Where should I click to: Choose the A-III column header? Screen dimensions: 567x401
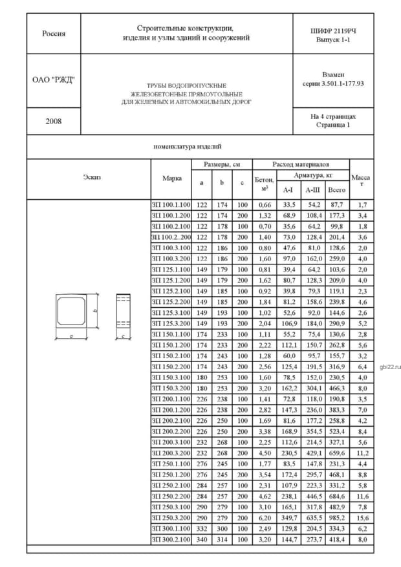(312, 190)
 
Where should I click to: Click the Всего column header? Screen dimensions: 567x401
(336, 190)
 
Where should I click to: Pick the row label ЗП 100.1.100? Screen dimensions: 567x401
(171, 205)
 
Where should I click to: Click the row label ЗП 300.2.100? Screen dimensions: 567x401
(171, 539)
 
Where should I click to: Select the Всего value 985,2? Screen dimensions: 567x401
(336, 517)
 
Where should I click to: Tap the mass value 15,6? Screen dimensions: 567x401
(362, 517)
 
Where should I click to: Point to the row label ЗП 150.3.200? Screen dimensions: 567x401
(171, 388)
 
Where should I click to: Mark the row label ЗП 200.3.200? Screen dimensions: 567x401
(171, 453)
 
